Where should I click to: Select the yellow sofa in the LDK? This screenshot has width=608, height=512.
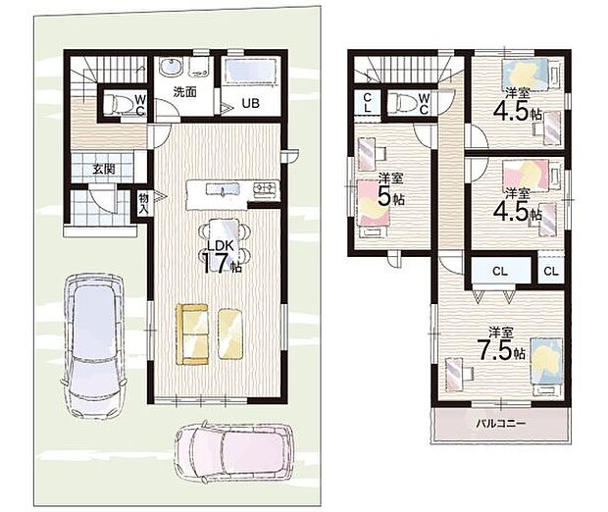coord(192,333)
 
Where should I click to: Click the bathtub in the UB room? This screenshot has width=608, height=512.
coord(249,71)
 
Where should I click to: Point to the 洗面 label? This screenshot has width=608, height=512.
coord(184,91)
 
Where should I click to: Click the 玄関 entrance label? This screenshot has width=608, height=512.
coord(104,169)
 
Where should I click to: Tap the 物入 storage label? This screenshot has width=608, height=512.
coord(143,204)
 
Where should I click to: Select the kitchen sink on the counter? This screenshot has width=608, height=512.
coord(223,189)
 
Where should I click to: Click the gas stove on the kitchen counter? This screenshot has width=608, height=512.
coord(266,189)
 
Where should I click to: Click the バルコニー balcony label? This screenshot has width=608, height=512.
coord(500,423)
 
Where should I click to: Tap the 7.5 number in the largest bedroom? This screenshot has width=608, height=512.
coord(495,350)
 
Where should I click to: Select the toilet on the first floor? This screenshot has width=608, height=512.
coord(117,103)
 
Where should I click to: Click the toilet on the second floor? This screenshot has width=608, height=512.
coord(401,103)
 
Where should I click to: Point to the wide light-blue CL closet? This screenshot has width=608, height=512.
coord(500,271)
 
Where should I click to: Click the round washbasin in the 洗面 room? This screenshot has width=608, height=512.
coord(171,69)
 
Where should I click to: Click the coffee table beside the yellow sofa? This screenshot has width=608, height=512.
coord(230,333)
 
